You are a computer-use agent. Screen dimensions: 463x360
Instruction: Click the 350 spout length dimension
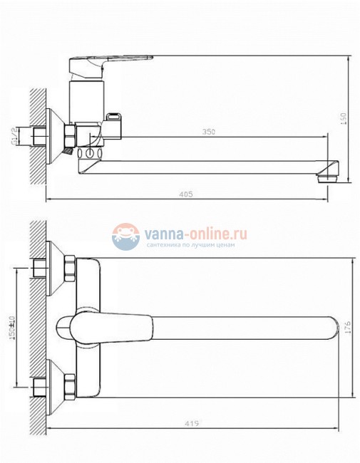pyautogui.click(x=209, y=132)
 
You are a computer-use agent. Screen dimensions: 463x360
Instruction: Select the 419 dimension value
pyautogui.click(x=190, y=424)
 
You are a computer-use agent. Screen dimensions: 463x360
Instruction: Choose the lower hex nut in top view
pyautogui.click(x=71, y=387)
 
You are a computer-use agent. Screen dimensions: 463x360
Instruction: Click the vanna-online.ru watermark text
pyautogui.click(x=195, y=232)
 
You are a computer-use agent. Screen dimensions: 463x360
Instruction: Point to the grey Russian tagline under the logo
pyautogui.click(x=195, y=245)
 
